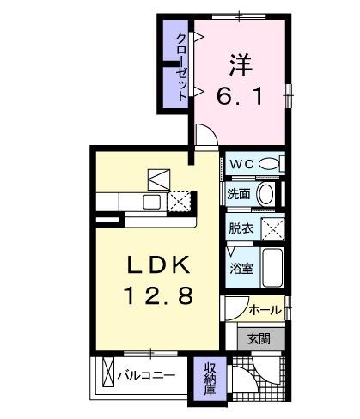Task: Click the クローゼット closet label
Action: pos(181,67)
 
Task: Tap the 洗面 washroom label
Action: pos(240,194)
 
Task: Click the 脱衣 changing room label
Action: pos(241,228)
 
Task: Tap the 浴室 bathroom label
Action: pos(241,269)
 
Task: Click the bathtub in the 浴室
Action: pos(271,269)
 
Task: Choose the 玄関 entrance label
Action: pos(258,338)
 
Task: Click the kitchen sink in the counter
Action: pos(150,202)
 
